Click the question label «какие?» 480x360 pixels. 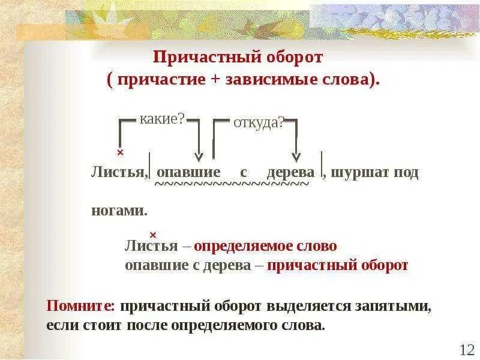click(161, 119)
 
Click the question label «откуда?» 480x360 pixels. click(258, 122)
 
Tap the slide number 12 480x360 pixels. click(467, 349)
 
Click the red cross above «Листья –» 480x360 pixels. click(153, 235)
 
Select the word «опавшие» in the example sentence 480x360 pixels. click(188, 172)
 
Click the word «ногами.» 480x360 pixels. click(119, 211)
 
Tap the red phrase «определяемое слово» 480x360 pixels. click(265, 246)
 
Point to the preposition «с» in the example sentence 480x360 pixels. click(244, 172)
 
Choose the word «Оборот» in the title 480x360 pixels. click(293, 58)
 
